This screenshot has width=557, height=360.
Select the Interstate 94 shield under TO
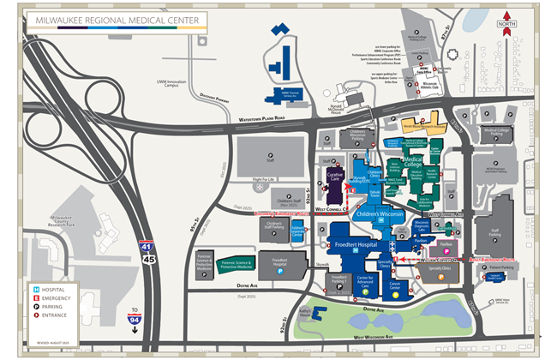(x=134, y=319)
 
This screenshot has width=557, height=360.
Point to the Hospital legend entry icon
(x=36, y=290)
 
